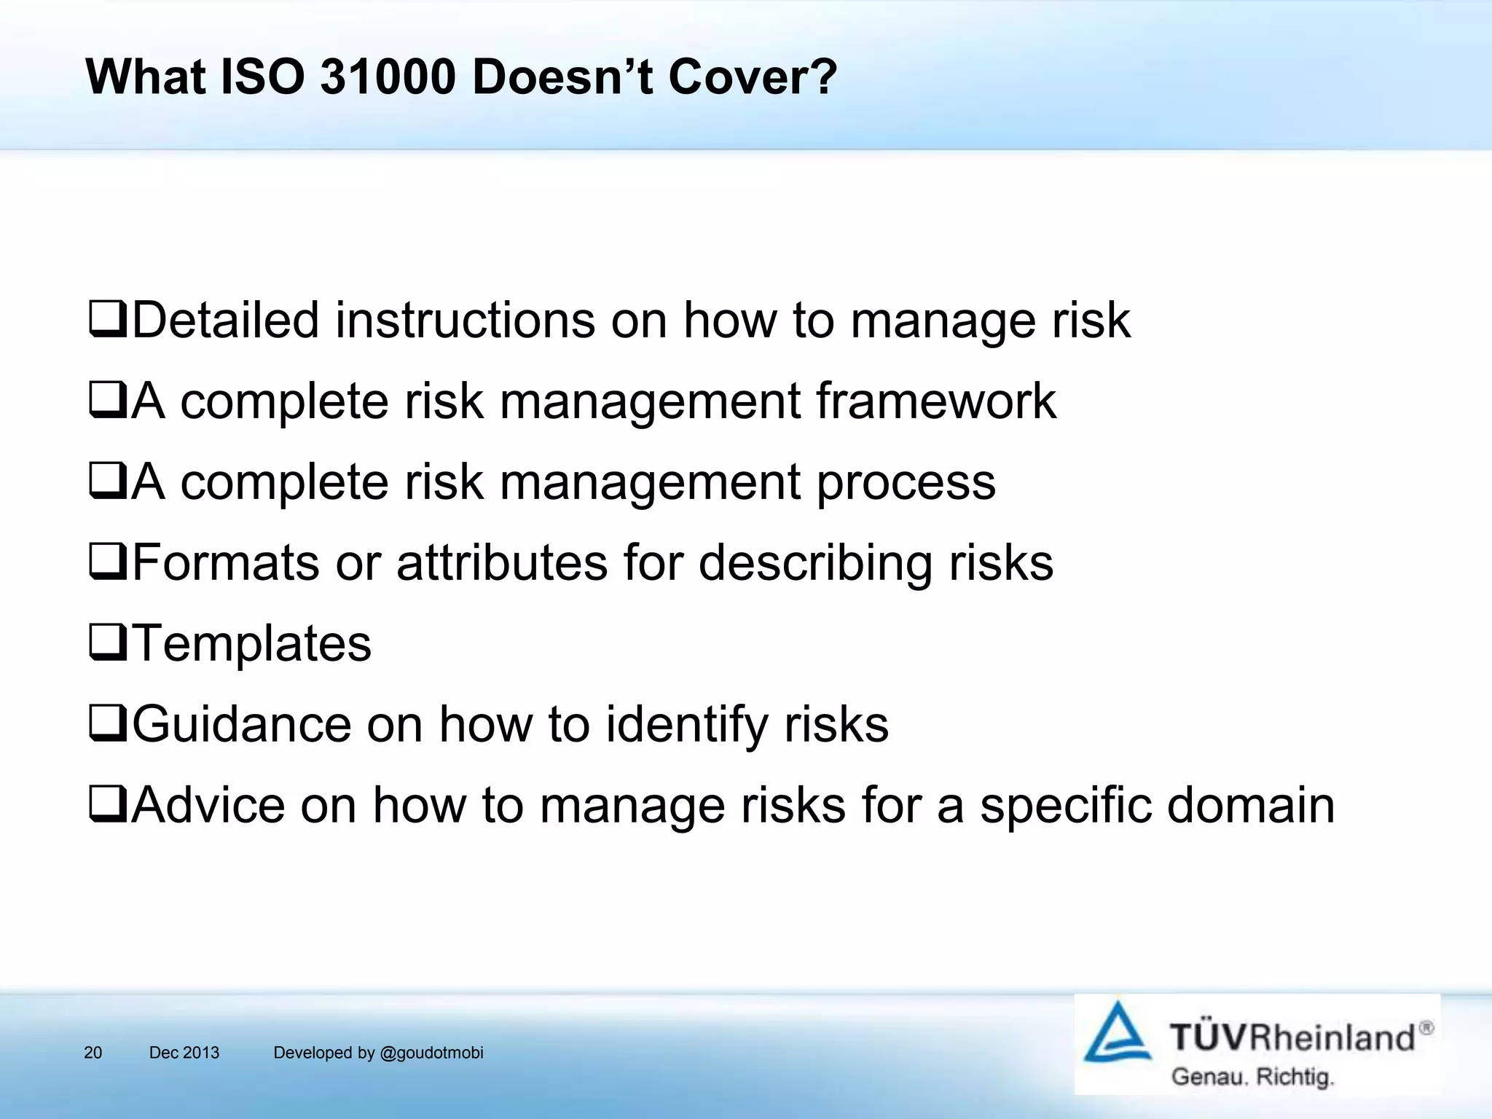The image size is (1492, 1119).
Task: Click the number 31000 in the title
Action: pos(387,76)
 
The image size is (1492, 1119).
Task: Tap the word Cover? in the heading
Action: pos(753,76)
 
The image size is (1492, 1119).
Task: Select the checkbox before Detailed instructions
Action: pos(108,320)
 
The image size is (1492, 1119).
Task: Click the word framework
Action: pos(935,401)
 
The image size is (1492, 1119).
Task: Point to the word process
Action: pos(906,483)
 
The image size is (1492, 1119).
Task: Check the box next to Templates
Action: pos(108,643)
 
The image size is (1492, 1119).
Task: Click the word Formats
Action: pos(226,562)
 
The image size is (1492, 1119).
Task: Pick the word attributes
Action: pos(502,562)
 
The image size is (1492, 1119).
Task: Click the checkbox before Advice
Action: pos(108,805)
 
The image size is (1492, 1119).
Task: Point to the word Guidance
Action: pos(241,724)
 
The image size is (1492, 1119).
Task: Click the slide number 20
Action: pos(93,1053)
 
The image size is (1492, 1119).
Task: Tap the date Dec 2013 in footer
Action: pos(184,1053)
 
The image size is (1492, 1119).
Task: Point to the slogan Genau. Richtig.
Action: pos(1252,1077)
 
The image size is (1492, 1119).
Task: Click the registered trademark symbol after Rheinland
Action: pos(1426,1028)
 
